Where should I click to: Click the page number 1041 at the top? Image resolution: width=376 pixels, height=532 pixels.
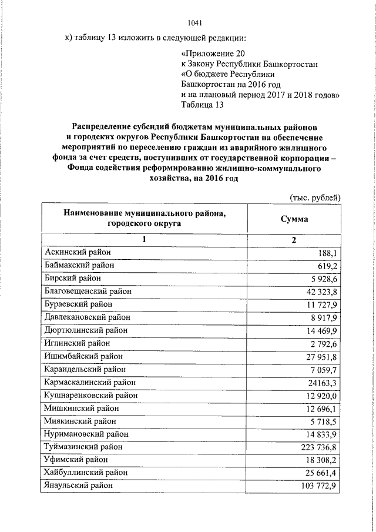pyautogui.click(x=194, y=24)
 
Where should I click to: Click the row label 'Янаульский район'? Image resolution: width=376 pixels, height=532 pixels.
pyautogui.click(x=79, y=486)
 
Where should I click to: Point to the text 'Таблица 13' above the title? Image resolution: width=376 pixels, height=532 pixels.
pyautogui.click(x=203, y=105)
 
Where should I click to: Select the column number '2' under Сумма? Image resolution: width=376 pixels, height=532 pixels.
pyautogui.click(x=294, y=240)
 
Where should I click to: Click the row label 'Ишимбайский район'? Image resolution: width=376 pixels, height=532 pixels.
pyautogui.click(x=83, y=356)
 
